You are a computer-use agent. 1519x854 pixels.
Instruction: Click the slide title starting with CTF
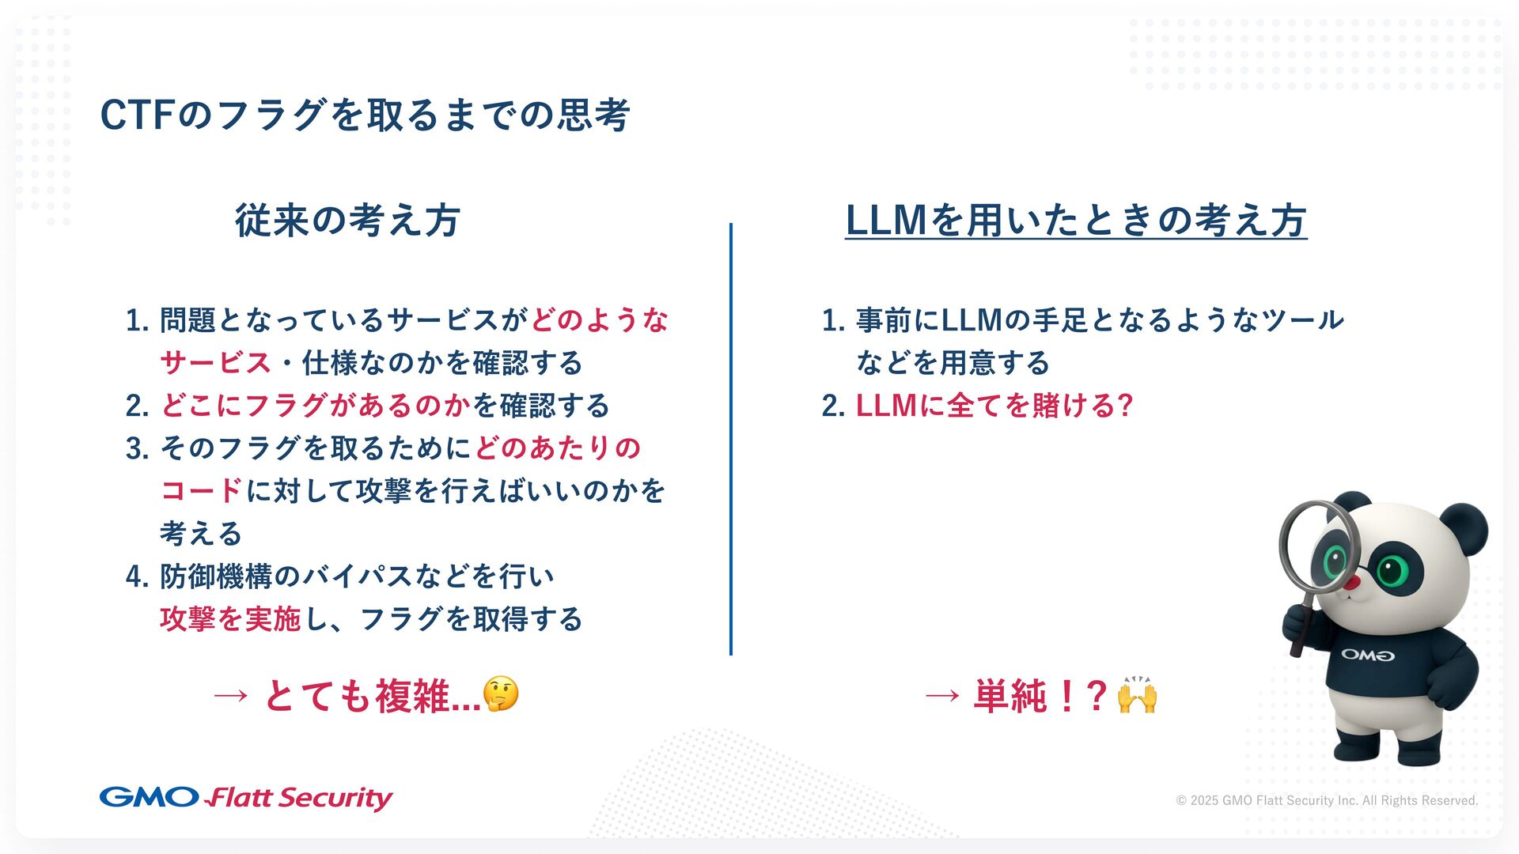(x=365, y=115)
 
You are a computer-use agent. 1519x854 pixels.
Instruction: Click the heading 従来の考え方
(x=347, y=220)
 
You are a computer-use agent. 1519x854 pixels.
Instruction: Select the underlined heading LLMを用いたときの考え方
(x=1076, y=220)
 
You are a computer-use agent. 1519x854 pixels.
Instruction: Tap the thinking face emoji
(x=501, y=695)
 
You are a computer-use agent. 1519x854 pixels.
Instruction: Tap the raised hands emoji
(x=1138, y=696)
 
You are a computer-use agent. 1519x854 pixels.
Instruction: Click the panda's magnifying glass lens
(x=1316, y=545)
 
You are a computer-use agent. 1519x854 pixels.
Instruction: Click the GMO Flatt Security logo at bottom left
(x=246, y=797)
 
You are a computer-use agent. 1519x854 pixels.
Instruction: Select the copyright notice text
(x=1327, y=800)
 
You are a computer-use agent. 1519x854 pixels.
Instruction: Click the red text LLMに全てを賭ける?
(x=994, y=406)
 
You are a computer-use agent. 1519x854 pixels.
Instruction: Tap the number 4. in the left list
(x=138, y=576)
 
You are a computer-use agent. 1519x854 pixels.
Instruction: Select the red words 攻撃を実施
(x=230, y=619)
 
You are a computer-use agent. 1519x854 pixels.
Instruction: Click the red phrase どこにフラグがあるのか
(x=316, y=406)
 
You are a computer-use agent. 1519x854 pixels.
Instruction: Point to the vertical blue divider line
(x=730, y=439)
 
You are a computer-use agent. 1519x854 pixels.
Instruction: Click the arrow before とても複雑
(x=231, y=697)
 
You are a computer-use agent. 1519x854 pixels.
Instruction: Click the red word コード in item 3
(x=201, y=491)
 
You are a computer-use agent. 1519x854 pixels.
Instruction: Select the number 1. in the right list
(x=833, y=320)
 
